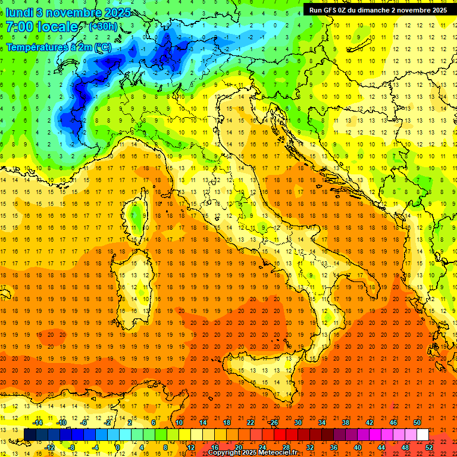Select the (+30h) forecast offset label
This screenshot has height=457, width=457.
pos(103,27)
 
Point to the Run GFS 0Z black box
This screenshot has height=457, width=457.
pos(378,10)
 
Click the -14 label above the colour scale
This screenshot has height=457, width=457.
pos(38,422)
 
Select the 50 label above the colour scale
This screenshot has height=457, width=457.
pos(417,422)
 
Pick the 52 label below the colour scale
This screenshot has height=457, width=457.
pos(429,447)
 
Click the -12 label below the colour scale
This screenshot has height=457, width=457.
pos(50,447)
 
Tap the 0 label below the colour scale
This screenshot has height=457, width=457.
pos(118,447)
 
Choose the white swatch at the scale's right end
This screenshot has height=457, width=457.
pos(422,434)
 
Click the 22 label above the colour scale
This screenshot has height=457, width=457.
pos(250,422)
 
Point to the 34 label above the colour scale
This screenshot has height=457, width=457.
pos(321,422)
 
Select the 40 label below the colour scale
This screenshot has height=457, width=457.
pos(358,447)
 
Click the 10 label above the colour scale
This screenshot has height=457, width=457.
pos(179,422)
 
